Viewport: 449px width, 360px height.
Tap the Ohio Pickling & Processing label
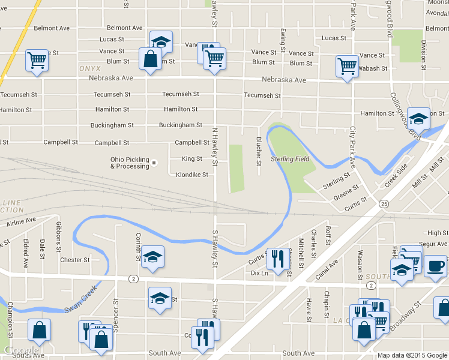(129, 163)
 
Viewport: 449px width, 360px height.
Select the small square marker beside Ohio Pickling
(154, 163)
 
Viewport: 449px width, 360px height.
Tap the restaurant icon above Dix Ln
(275, 259)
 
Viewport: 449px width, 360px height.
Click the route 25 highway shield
(383, 205)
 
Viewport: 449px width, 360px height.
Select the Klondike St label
(192, 175)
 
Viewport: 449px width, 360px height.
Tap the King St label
(192, 159)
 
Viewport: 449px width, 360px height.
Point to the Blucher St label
(259, 151)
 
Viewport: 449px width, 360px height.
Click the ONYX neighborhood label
(89, 69)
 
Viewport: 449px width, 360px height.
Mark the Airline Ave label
(23, 223)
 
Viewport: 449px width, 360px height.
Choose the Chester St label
(75, 260)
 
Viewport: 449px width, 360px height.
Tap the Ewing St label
(282, 39)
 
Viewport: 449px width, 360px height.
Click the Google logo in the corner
(20, 351)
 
